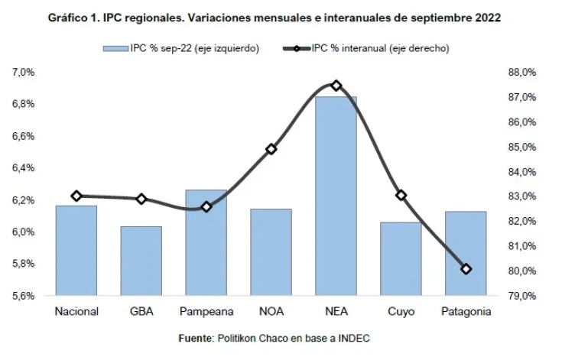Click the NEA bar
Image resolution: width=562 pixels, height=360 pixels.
click(336, 195)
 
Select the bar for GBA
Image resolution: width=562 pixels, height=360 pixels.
click(141, 260)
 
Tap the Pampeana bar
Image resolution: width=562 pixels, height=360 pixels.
click(206, 242)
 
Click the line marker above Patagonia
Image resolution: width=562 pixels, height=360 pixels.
click(466, 269)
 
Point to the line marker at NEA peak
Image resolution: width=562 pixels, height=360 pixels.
click(336, 86)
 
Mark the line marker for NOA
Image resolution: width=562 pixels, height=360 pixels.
click(271, 149)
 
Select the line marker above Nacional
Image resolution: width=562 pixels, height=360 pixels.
click(76, 196)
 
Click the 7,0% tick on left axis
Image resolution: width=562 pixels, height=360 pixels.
click(23, 72)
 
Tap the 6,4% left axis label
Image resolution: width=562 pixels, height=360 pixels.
click(23, 168)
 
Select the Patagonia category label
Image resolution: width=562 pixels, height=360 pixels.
click(466, 311)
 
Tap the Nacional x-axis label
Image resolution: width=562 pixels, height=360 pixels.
click(76, 311)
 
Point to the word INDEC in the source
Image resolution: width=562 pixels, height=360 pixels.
click(356, 338)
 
